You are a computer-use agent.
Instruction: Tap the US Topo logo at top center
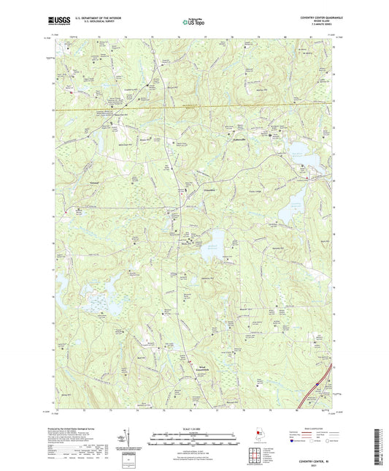click(193, 23)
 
